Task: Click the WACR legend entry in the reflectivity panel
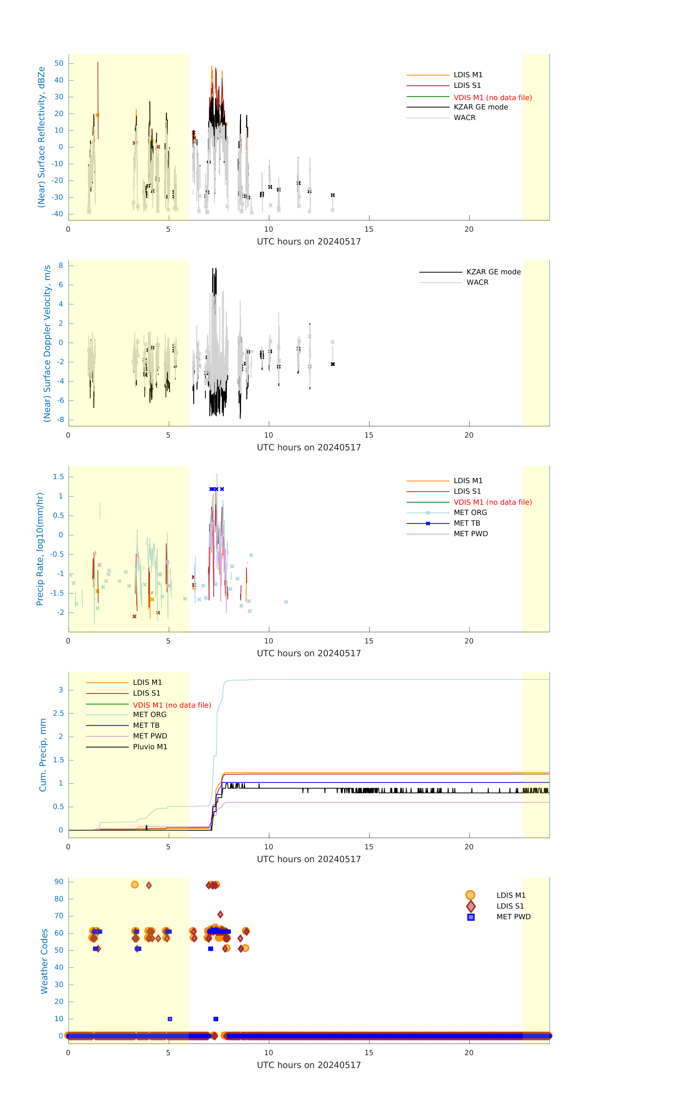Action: (464, 118)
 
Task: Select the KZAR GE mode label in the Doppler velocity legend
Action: (493, 272)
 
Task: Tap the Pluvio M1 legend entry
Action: (150, 747)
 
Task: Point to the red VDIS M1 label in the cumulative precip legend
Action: (172, 705)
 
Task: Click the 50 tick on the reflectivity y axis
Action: (59, 63)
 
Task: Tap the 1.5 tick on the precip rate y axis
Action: (58, 477)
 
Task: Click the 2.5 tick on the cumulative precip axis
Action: (58, 713)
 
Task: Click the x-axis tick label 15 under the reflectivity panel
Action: (368, 229)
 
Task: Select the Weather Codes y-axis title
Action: (44, 961)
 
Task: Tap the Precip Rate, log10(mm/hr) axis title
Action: (40, 549)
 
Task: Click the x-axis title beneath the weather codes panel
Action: (309, 1065)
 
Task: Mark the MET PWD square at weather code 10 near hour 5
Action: (170, 1019)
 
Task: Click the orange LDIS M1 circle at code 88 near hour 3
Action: (135, 885)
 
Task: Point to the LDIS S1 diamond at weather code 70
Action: (220, 914)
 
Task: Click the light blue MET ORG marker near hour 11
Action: (286, 602)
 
